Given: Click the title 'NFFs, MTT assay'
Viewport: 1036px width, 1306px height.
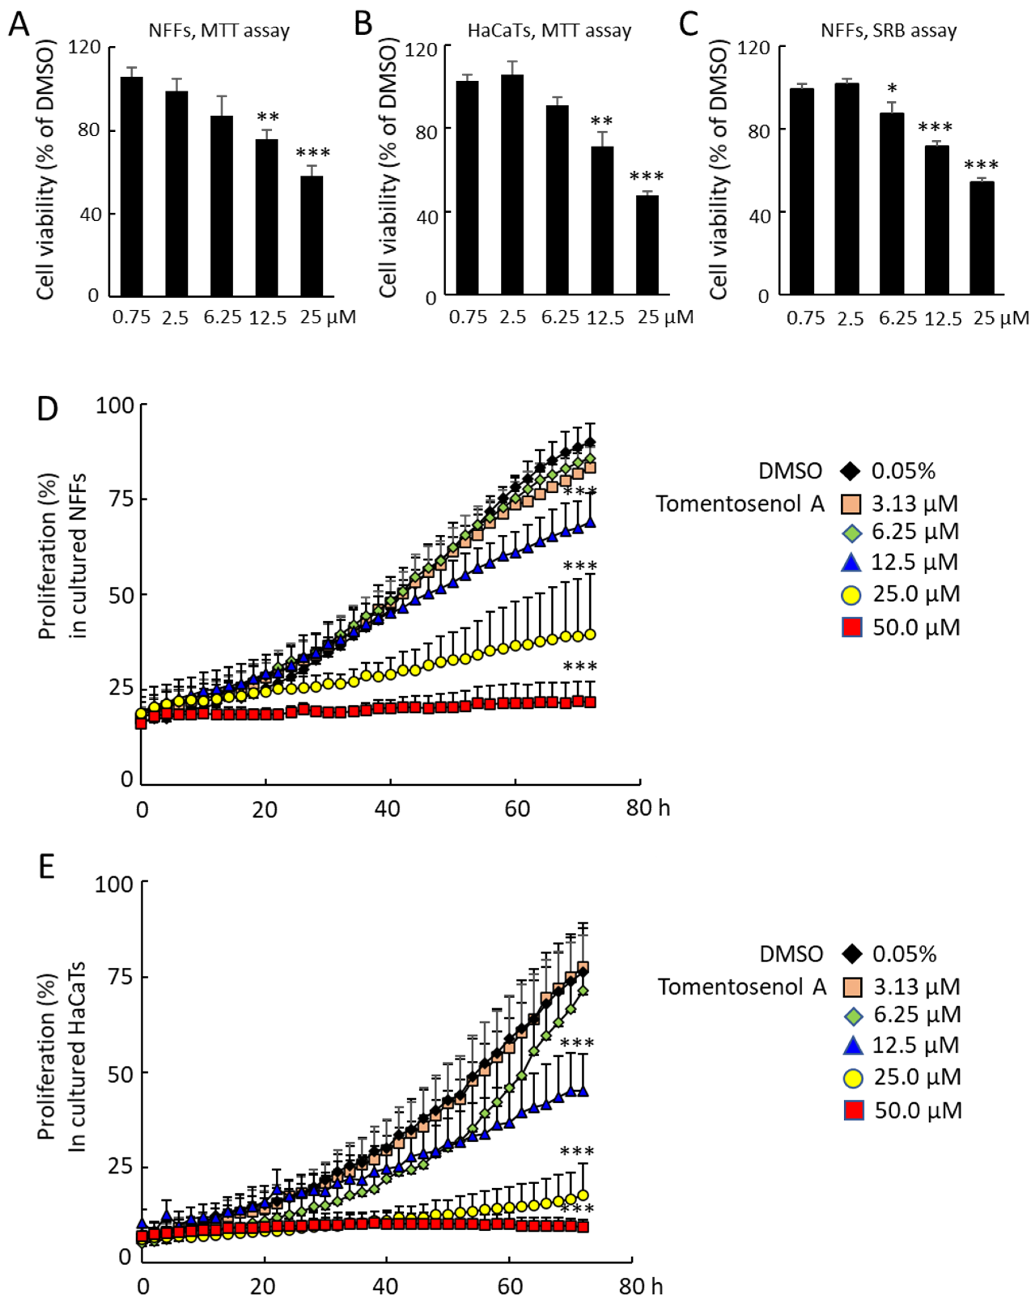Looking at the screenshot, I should (219, 30).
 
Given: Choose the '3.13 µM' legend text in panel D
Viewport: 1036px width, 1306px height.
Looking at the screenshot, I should (915, 503).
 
